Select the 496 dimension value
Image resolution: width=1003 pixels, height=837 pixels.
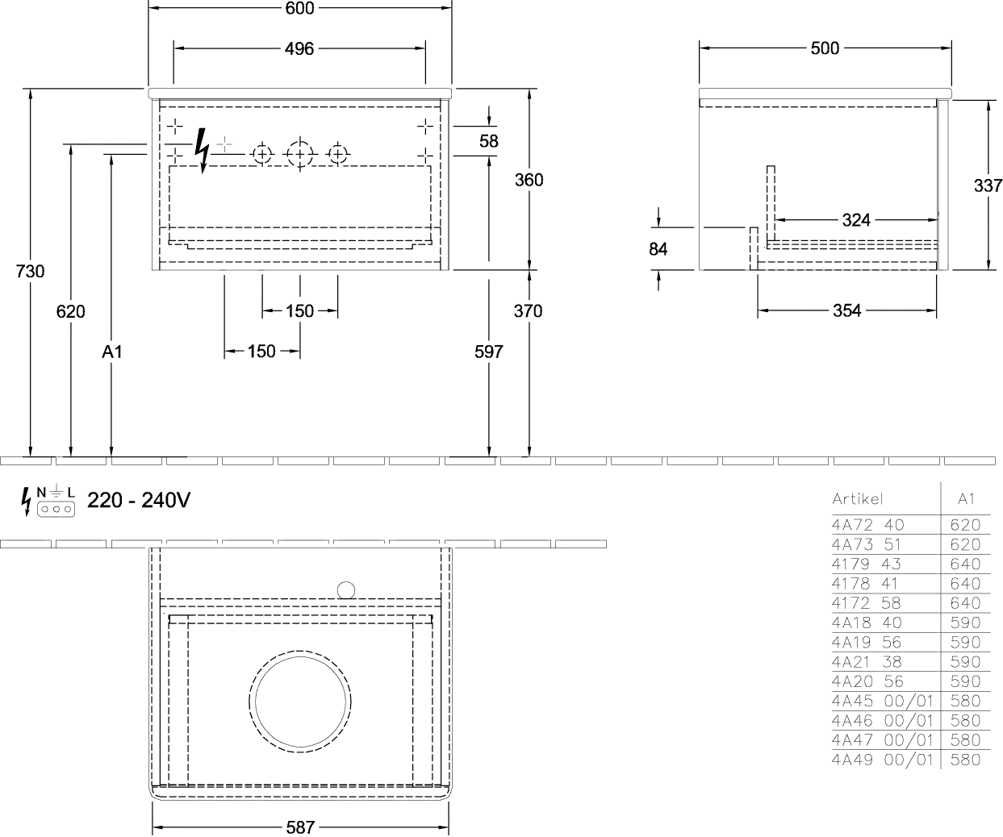pyautogui.click(x=299, y=49)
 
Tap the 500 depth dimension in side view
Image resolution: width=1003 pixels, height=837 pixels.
pyautogui.click(x=824, y=48)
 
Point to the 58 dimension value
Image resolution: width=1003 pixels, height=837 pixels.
pyautogui.click(x=489, y=140)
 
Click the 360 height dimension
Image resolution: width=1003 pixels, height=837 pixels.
pyautogui.click(x=529, y=180)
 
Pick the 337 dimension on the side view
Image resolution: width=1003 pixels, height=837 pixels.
pyautogui.click(x=988, y=186)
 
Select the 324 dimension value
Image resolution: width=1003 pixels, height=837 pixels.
pyautogui.click(x=856, y=220)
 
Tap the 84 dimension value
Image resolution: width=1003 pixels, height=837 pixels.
pyautogui.click(x=658, y=249)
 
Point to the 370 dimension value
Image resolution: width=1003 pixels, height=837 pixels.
pyautogui.click(x=529, y=310)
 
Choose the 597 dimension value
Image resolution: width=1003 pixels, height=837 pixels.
pyautogui.click(x=489, y=352)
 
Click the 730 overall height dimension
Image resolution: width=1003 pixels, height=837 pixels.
pyautogui.click(x=29, y=272)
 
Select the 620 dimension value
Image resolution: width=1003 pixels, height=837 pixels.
pyautogui.click(x=71, y=310)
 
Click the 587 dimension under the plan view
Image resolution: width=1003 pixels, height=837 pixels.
pyautogui.click(x=299, y=828)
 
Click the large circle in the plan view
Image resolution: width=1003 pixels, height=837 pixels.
pyautogui.click(x=300, y=702)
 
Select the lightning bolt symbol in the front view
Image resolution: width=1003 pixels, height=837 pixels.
pyautogui.click(x=204, y=152)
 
